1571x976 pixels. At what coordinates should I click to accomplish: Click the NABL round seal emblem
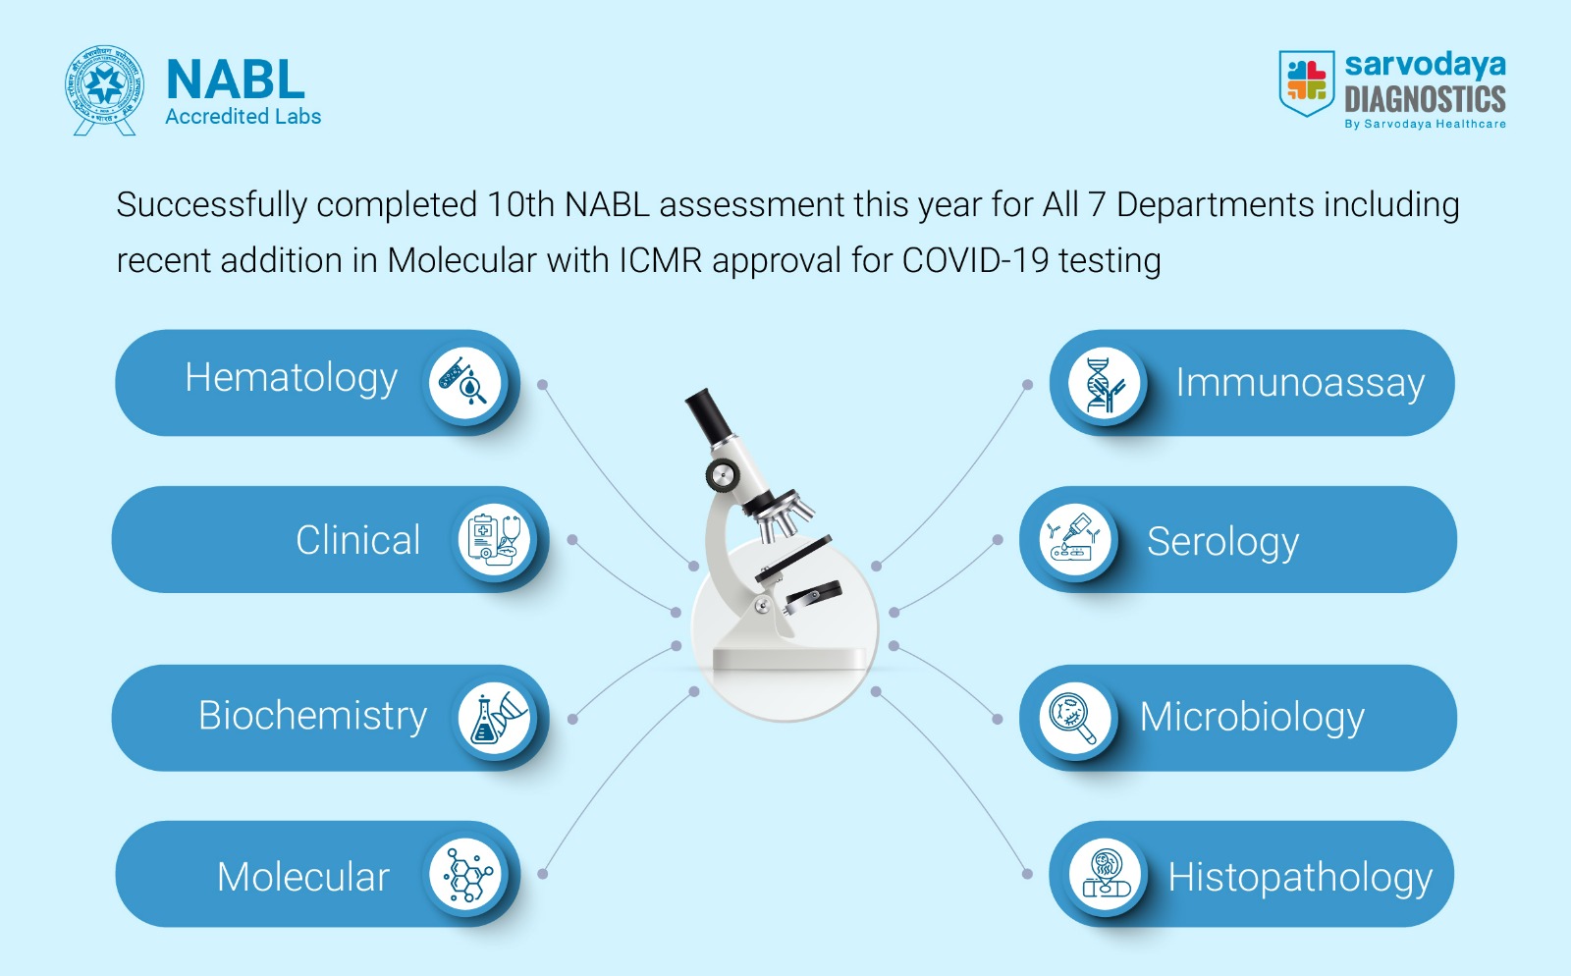point(104,90)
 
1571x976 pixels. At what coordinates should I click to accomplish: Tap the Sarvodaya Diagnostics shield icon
point(1307,82)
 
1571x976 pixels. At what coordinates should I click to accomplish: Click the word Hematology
point(291,379)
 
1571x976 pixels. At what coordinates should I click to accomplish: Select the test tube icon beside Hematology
point(464,383)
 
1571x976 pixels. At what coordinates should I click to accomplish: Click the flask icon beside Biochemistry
point(494,718)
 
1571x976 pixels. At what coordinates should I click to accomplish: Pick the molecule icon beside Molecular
point(465,874)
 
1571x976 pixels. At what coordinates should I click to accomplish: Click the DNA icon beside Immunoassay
point(1104,383)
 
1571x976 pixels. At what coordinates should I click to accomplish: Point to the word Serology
point(1223,543)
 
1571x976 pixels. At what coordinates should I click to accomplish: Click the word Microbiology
point(1252,718)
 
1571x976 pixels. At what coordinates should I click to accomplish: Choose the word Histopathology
point(1300,879)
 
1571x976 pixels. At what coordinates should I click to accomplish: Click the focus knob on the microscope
point(723,476)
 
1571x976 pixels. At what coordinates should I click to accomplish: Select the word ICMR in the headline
point(660,261)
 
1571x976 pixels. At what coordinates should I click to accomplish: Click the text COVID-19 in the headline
point(975,261)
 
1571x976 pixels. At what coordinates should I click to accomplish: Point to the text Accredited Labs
point(243,117)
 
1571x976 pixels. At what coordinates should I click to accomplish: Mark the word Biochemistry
point(313,717)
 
